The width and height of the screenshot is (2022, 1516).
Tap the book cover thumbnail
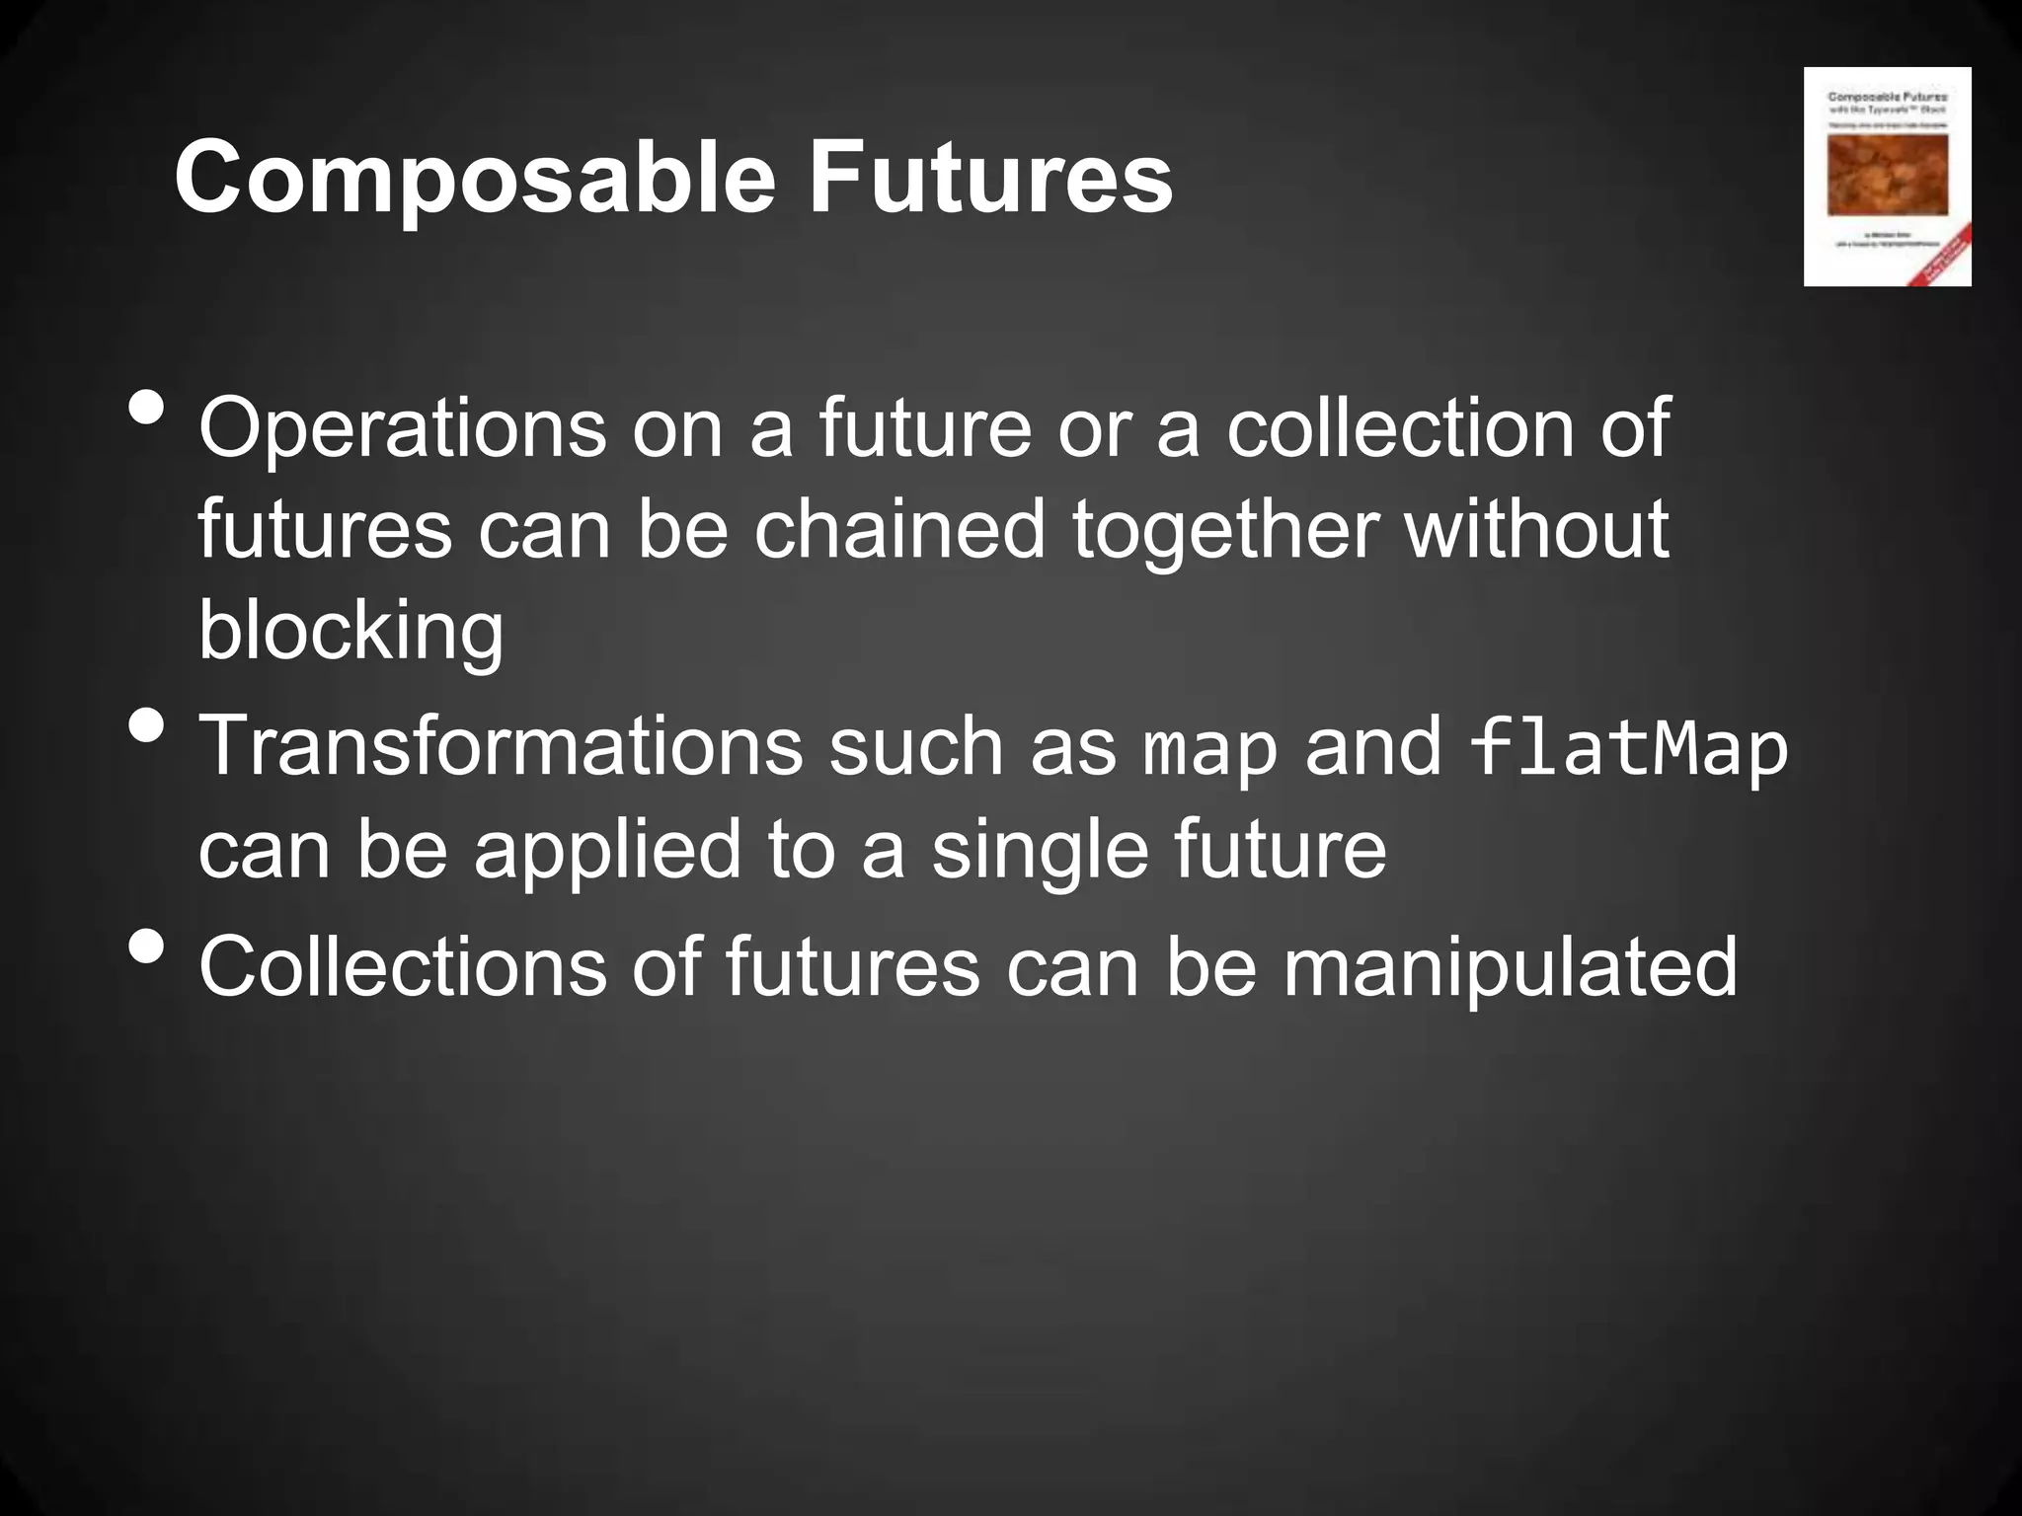point(1887,177)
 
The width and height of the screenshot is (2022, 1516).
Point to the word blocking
point(350,632)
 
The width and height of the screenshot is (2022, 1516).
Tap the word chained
point(899,529)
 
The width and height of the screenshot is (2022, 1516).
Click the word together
point(1224,531)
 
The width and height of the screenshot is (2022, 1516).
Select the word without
point(1536,529)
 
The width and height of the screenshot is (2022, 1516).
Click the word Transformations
point(501,747)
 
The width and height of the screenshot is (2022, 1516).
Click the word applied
point(606,851)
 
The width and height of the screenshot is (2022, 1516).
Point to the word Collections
point(402,968)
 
